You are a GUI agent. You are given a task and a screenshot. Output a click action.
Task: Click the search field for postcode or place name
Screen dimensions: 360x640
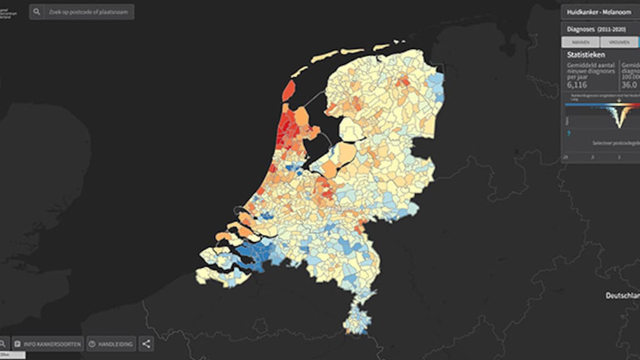[88, 12]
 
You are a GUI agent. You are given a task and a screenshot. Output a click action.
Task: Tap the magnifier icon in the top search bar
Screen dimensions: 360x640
[37, 12]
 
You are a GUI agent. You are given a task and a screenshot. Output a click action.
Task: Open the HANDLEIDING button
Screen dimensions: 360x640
[111, 344]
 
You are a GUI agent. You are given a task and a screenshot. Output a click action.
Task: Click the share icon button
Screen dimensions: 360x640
[146, 344]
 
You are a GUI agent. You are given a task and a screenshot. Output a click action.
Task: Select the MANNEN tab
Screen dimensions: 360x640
[581, 42]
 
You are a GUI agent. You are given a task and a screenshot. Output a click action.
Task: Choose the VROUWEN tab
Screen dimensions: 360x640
[619, 42]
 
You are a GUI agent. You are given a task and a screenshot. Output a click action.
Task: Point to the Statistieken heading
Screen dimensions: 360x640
[586, 54]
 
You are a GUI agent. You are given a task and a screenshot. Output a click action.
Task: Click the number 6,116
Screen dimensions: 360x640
[578, 84]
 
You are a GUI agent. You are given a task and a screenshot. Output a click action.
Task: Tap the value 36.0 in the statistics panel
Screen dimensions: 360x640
[629, 84]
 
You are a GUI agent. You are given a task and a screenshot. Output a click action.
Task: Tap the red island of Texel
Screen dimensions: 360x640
[289, 91]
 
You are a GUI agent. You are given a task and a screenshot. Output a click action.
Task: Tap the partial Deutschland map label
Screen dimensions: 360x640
[622, 295]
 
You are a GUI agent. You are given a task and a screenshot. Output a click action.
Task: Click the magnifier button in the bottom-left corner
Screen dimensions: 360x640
[3, 344]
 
